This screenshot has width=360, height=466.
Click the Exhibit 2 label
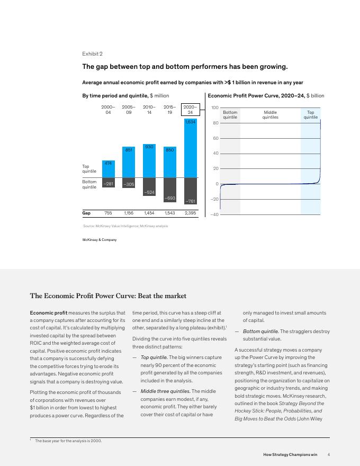click(x=92, y=54)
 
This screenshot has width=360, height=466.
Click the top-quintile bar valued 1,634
click(x=190, y=148)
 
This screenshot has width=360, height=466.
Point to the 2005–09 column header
click(x=129, y=110)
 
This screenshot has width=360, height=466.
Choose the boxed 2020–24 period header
click(x=190, y=110)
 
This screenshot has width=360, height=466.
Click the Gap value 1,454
click(x=149, y=213)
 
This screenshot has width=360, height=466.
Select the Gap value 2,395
click(x=190, y=213)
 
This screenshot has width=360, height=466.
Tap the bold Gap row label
click(x=86, y=213)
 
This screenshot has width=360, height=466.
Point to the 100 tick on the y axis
click(x=214, y=107)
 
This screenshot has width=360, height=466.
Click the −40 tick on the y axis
click(x=214, y=214)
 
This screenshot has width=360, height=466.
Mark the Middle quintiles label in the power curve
click(x=270, y=115)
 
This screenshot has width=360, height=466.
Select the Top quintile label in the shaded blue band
click(x=310, y=115)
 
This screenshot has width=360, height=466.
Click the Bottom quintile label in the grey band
click(x=230, y=115)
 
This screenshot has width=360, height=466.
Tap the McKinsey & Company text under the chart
click(x=100, y=240)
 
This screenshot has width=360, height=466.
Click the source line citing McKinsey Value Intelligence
click(x=125, y=226)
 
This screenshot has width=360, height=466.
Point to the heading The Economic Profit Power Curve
click(x=108, y=296)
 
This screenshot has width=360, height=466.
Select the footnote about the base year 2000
click(x=68, y=441)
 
